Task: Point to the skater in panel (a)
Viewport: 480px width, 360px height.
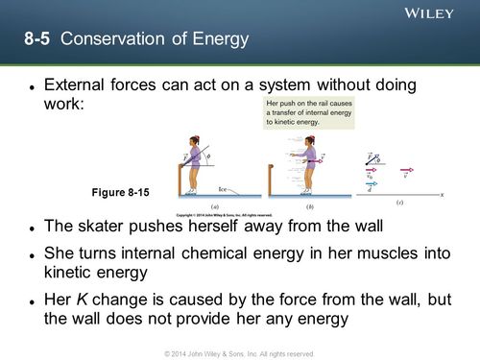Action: pyautogui.click(x=196, y=164)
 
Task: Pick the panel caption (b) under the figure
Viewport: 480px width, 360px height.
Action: pyautogui.click(x=309, y=204)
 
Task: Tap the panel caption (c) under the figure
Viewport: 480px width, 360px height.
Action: pyautogui.click(x=399, y=204)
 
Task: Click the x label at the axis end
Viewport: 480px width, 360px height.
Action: pyautogui.click(x=443, y=194)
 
